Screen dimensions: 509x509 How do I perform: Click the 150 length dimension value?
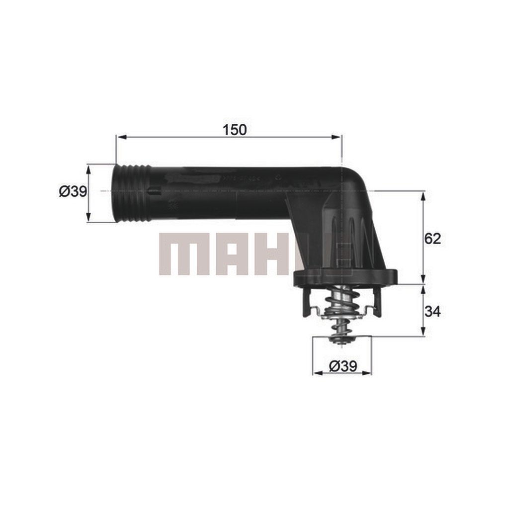point(235,130)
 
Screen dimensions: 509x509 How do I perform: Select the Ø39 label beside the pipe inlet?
point(73,191)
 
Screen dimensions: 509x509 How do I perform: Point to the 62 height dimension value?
point(432,239)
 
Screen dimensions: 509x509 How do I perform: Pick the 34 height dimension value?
point(432,311)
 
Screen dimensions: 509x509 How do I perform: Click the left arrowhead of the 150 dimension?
point(119,137)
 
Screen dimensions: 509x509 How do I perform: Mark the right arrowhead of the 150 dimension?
point(339,137)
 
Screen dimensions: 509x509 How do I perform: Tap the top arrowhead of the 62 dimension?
point(423,194)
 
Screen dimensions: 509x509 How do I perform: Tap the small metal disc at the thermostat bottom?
point(341,339)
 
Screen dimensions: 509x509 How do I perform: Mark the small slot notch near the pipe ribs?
point(154,190)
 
